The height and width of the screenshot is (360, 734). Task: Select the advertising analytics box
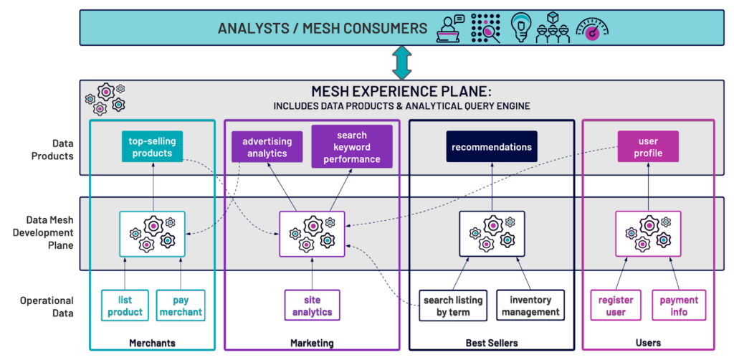point(266,148)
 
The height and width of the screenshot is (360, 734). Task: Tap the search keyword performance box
point(351,146)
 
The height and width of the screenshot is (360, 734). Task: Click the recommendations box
point(491,147)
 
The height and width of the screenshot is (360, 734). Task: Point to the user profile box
point(647,148)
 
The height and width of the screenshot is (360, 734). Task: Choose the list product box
point(125,306)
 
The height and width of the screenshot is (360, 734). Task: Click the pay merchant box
point(181,306)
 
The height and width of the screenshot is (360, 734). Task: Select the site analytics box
point(312,306)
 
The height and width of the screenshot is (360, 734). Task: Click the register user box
point(615,306)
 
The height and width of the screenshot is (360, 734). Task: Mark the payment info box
point(678,306)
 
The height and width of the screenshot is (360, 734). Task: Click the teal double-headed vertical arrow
point(401,64)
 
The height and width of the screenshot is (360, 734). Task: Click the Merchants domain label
point(151,343)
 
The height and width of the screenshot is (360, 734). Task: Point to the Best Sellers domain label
point(491,343)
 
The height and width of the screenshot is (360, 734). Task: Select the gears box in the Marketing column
point(312,234)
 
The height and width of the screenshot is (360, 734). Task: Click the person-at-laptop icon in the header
point(450,28)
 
